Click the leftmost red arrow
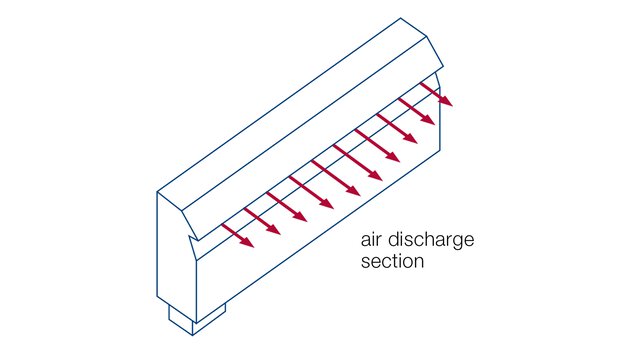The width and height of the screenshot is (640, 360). pos(238,236)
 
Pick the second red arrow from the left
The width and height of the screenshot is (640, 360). pos(261,221)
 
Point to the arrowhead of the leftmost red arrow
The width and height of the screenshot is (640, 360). pos(250,244)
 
